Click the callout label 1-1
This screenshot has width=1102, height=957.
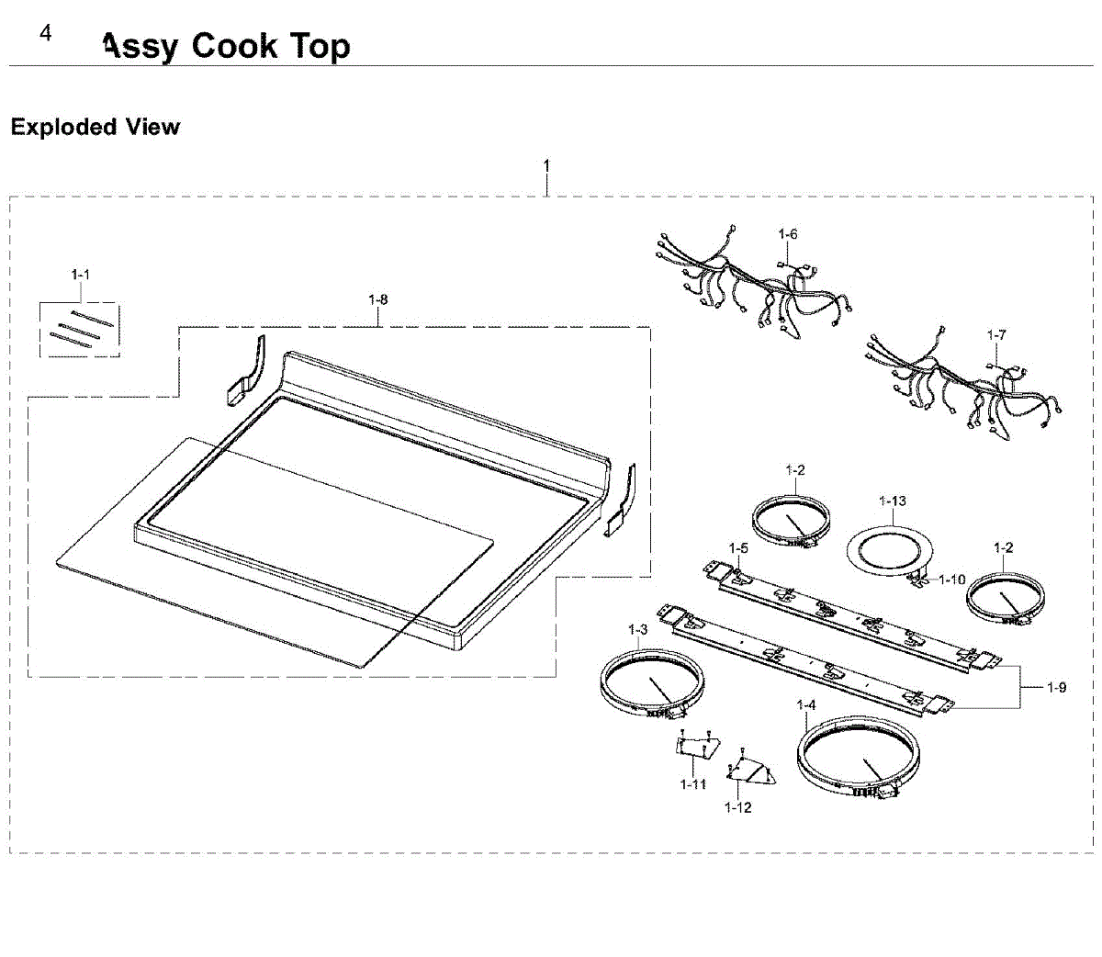tap(81, 275)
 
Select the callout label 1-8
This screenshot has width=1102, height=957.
tap(377, 299)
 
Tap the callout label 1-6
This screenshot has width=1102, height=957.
tap(787, 234)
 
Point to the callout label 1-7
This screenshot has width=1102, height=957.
tap(996, 335)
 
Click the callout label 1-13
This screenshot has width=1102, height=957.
tap(892, 501)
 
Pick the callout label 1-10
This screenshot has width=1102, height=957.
tap(951, 580)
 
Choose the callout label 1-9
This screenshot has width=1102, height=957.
tap(1056, 687)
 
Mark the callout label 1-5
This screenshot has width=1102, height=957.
tap(738, 549)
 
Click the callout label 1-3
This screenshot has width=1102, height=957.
tap(638, 630)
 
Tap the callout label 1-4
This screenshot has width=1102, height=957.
tap(806, 705)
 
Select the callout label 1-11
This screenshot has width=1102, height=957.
tap(693, 784)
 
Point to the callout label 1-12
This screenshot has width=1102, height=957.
tap(737, 807)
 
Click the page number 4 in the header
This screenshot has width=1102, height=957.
tap(46, 34)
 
